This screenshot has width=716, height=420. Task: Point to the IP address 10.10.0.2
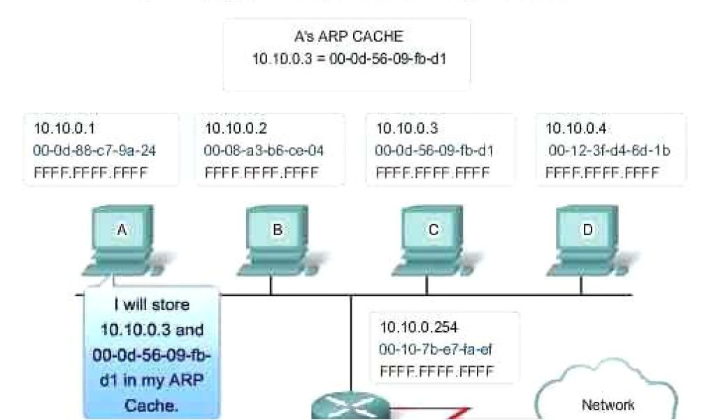(236, 129)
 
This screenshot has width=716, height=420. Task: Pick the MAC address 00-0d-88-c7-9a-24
(91, 150)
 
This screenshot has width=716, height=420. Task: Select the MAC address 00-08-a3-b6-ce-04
(264, 150)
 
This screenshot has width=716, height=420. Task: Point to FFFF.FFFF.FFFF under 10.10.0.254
(437, 371)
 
